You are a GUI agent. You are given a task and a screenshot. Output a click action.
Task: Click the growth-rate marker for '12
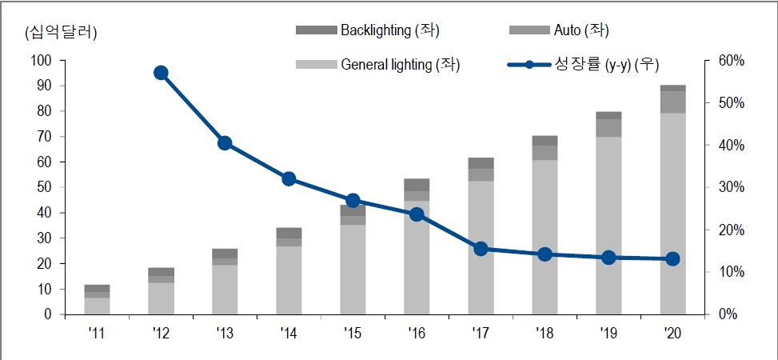pos(161,73)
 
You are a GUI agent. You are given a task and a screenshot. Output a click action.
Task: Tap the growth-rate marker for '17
pos(481,250)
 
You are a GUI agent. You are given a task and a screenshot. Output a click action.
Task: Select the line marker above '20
pos(672,258)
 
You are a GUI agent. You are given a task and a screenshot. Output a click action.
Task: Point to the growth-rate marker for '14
pos(289,179)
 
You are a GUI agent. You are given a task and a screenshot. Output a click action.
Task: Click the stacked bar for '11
pos(97,299)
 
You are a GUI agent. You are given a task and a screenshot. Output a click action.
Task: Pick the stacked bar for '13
pos(225,282)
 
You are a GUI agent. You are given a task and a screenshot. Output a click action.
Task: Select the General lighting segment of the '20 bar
pos(672,214)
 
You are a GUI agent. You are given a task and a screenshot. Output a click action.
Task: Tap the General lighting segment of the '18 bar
pos(545,238)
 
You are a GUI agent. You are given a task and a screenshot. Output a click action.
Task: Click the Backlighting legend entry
pos(368,30)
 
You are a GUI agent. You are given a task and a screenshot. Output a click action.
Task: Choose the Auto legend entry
pos(559,30)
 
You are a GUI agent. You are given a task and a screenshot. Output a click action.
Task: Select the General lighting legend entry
pos(378,65)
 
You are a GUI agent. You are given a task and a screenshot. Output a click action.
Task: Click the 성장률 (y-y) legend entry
pos(584,65)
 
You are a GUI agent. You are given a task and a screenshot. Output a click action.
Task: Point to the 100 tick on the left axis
pos(42,61)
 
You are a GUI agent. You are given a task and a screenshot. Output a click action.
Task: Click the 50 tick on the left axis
pos(45,188)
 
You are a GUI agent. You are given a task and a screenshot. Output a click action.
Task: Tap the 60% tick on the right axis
pos(731,61)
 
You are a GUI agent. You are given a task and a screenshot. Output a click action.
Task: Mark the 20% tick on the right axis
pos(731,230)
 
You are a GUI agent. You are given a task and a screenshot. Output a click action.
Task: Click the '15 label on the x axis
pos(353,333)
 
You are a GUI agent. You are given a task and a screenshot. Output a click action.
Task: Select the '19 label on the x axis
pos(608,333)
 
